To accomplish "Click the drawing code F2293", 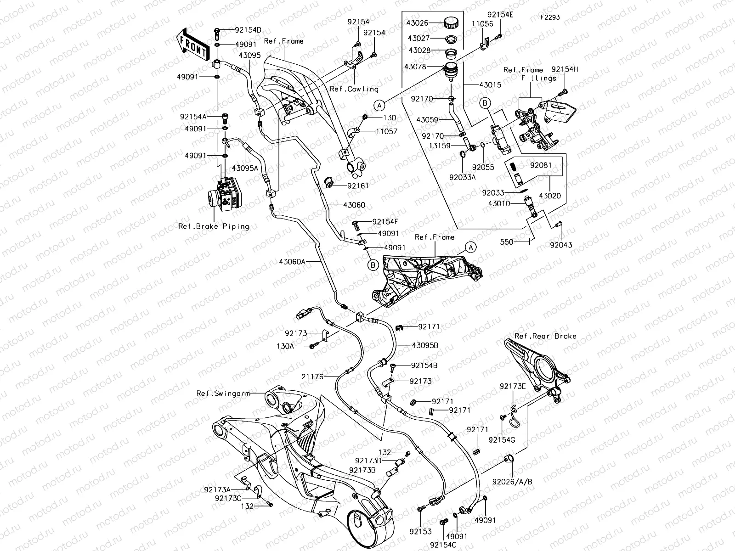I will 550,18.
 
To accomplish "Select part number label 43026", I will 417,22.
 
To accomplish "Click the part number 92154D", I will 248,30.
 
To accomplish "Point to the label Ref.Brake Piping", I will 214,226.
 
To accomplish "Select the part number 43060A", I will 292,261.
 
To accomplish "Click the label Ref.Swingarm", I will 216,393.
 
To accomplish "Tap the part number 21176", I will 313,377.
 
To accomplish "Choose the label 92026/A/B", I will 512,482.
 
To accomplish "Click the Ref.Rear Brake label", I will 545,336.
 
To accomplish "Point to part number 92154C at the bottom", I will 443,545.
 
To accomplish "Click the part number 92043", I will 561,245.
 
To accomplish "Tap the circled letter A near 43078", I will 379,105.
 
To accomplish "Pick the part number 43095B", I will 425,345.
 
